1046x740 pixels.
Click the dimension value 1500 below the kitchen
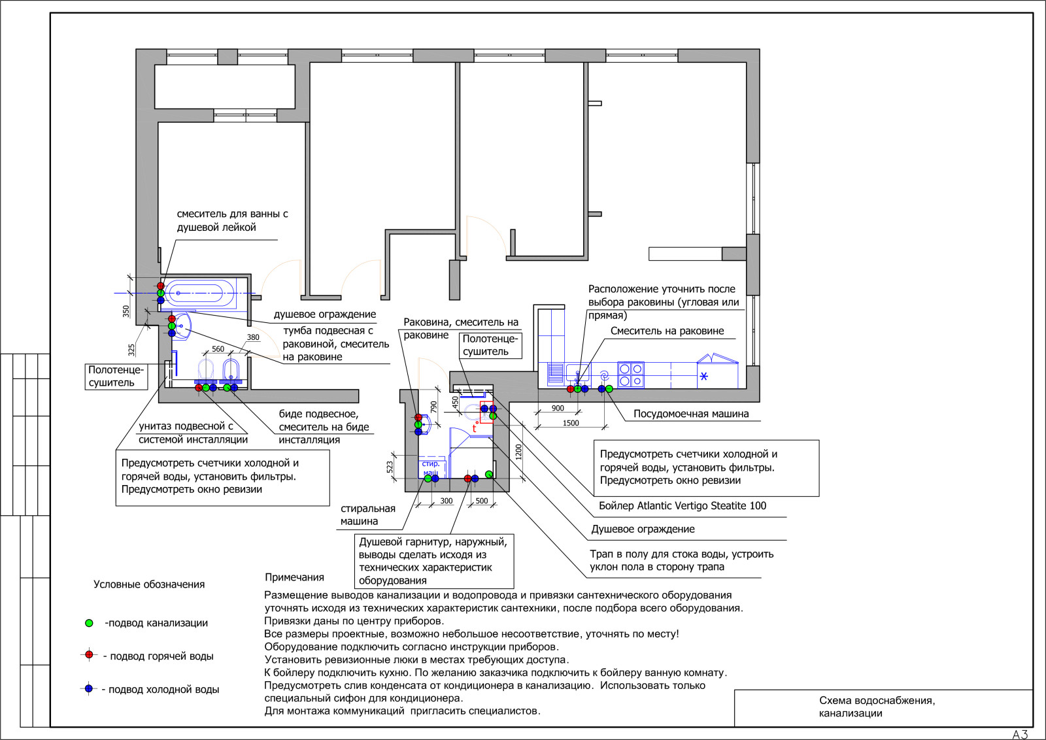pos(571,423)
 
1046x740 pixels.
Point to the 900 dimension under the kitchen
pos(558,408)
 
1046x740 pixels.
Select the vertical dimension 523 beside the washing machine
pos(390,467)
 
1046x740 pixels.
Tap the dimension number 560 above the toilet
pos(218,349)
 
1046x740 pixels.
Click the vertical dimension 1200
pos(518,452)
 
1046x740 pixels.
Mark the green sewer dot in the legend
pos(89,623)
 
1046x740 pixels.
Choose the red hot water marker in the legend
pos(89,654)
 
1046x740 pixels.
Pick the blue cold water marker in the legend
pos(89,688)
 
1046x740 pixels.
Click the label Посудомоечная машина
pos(690,414)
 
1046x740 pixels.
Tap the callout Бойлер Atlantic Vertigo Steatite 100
pos(683,505)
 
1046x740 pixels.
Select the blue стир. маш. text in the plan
pos(431,468)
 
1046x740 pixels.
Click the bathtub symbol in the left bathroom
pos(201,294)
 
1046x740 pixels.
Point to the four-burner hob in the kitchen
pos(630,375)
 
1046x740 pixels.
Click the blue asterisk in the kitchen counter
pos(703,377)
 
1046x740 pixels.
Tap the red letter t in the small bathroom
pos(475,429)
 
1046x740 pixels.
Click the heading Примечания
pos(294,577)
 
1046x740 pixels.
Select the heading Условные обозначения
pos(149,584)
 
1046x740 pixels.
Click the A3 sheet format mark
pos(1021,734)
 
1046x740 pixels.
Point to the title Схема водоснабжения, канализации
pos(877,707)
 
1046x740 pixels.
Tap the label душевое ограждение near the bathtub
pos(324,314)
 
